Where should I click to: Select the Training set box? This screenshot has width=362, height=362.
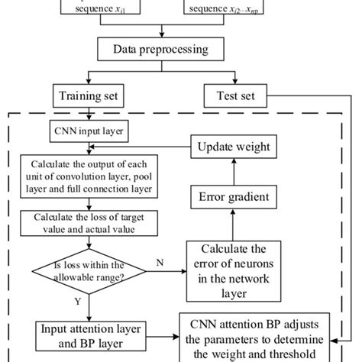(90, 98)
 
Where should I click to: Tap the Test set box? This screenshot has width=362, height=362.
(231, 98)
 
